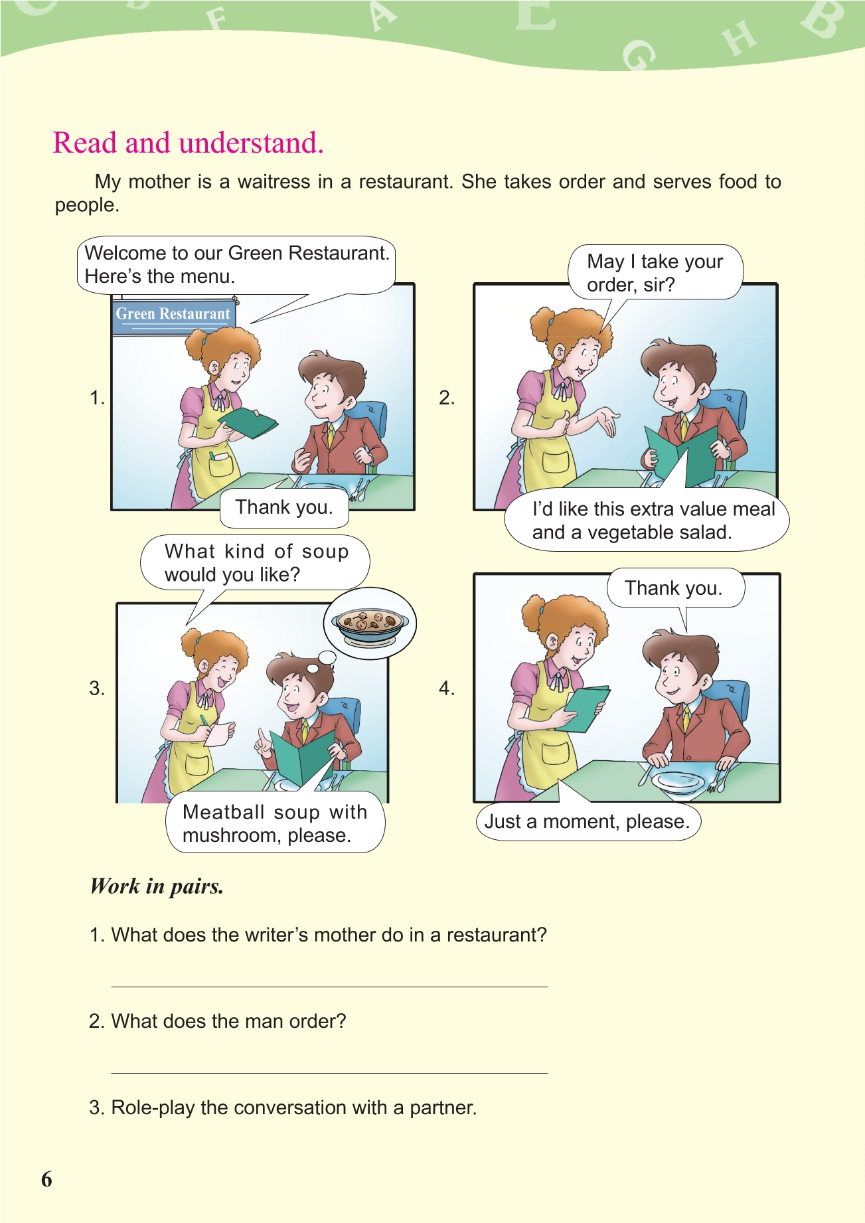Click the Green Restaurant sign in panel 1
(173, 314)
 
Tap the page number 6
(46, 1179)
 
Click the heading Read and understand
(188, 143)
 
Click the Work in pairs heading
(157, 886)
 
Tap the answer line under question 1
(329, 987)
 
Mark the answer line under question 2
(329, 1073)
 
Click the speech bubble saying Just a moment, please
(588, 821)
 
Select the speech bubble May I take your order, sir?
(655, 273)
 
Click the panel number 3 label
(97, 689)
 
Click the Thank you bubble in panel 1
(284, 507)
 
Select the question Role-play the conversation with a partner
(283, 1107)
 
